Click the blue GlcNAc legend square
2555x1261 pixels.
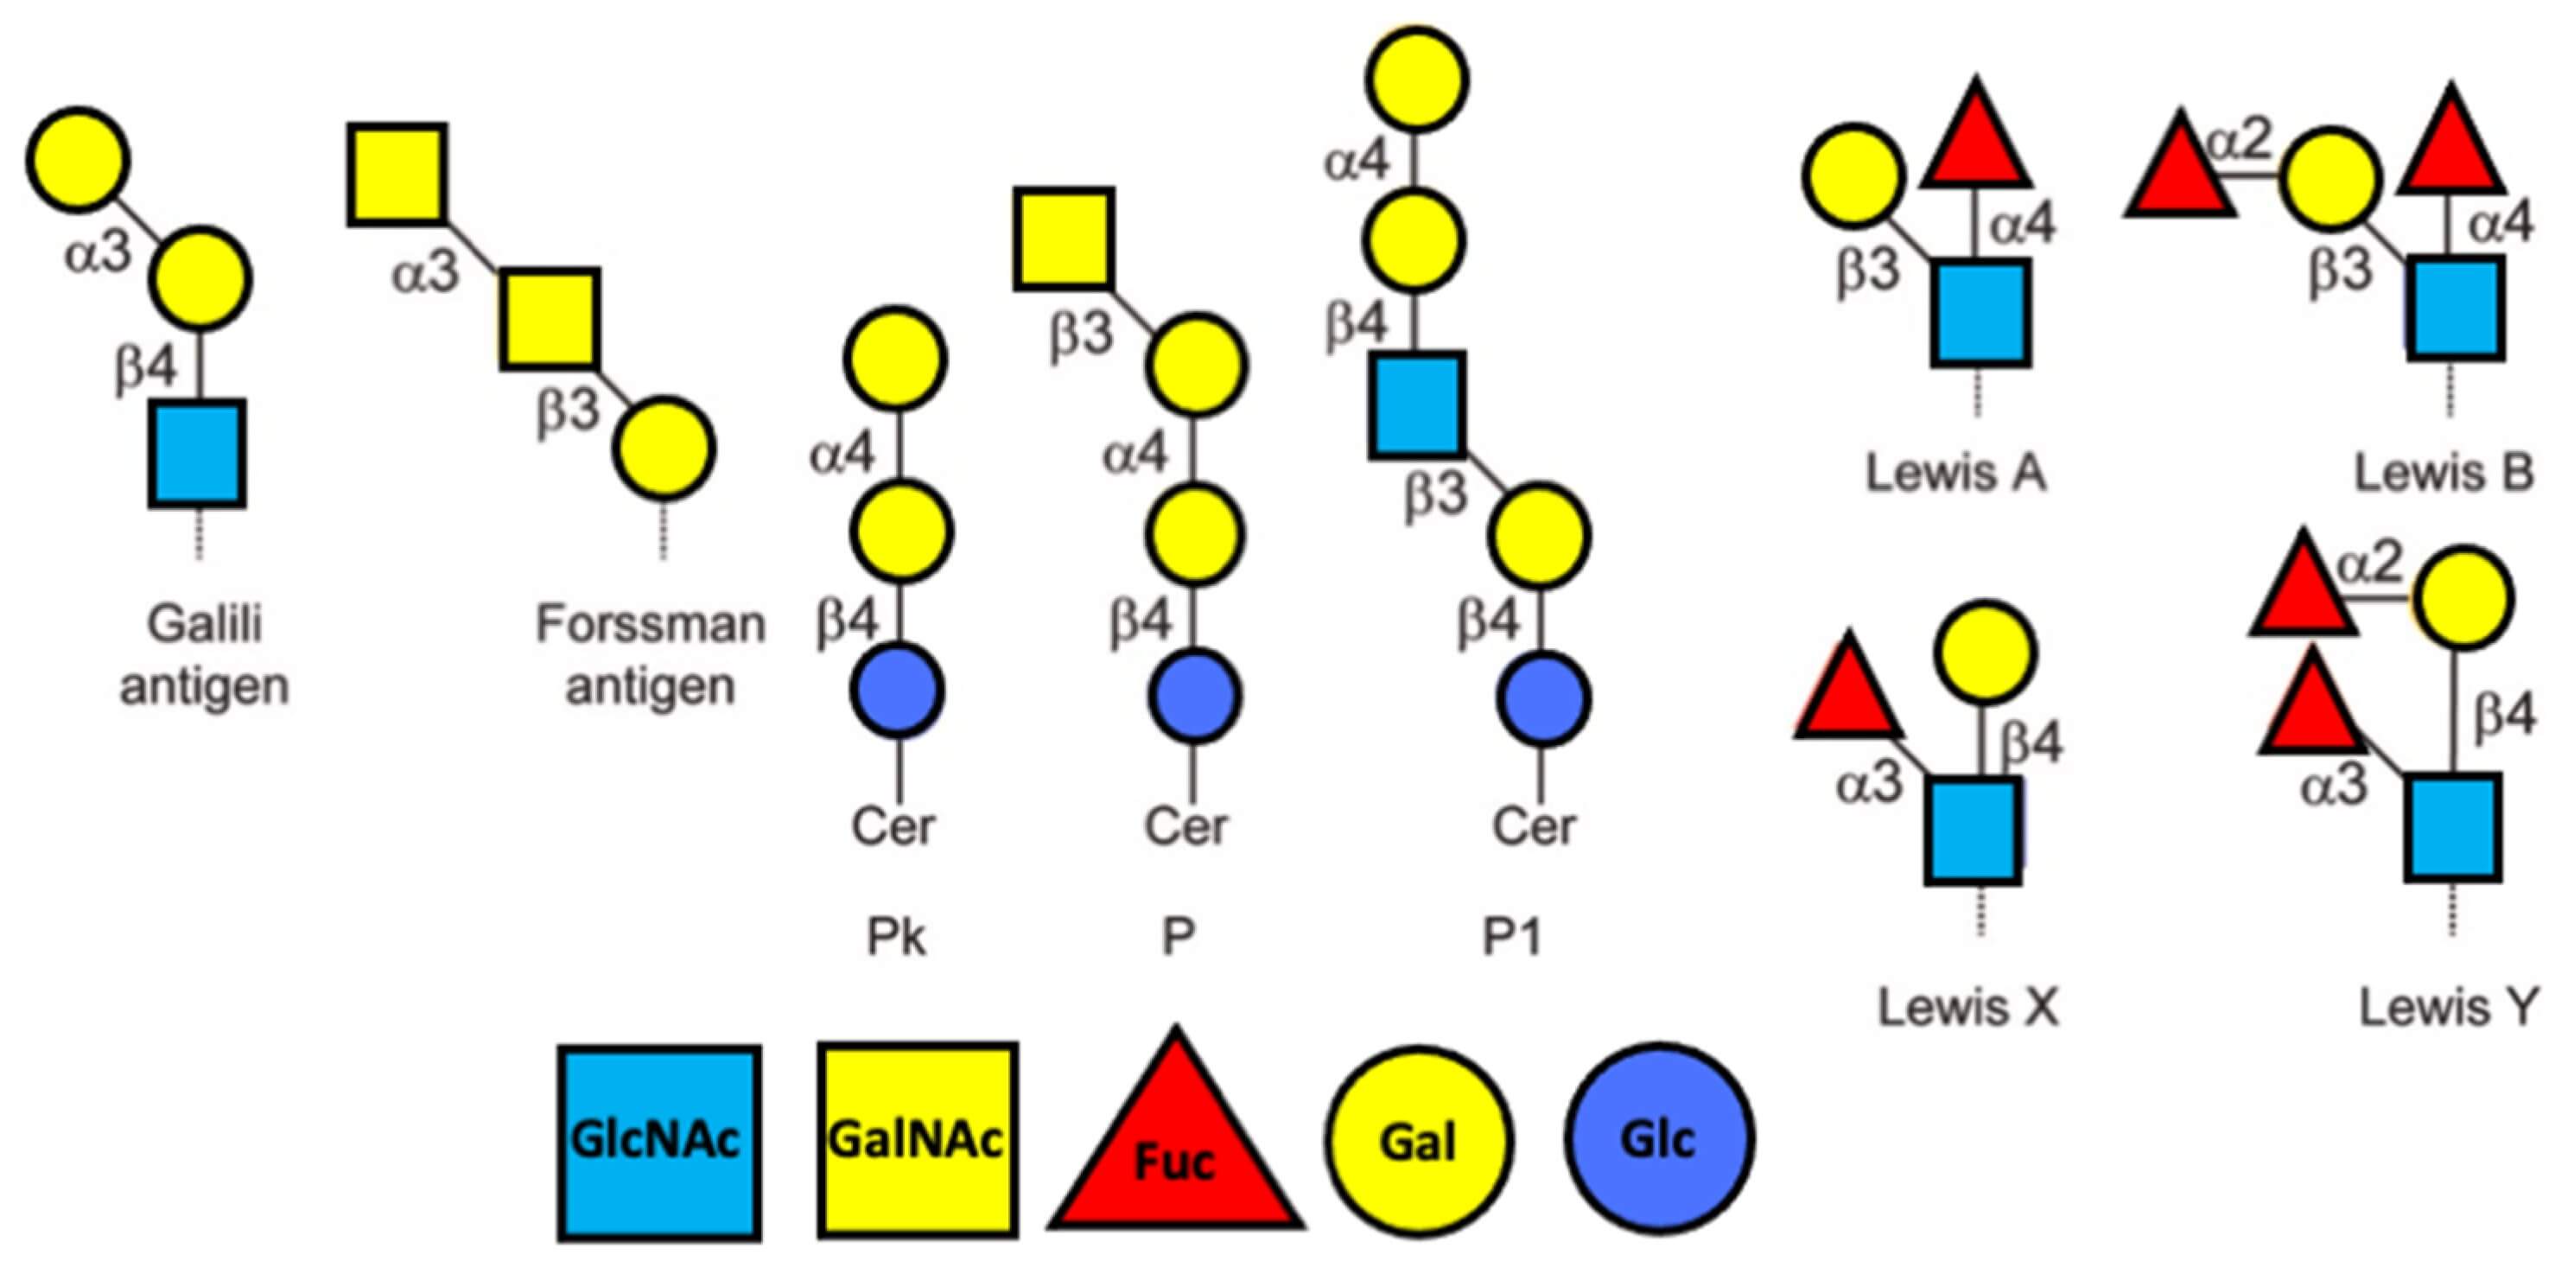pos(658,1142)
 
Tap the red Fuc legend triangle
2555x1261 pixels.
pos(1175,1151)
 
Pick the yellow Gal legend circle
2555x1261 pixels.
pos(1420,1142)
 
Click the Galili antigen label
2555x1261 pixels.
pos(204,656)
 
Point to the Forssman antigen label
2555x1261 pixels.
pos(651,656)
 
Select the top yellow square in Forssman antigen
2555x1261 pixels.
pos(397,175)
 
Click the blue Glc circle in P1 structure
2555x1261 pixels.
pos(1543,698)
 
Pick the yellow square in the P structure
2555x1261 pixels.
pos(1064,238)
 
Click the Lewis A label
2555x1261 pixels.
pos(1956,472)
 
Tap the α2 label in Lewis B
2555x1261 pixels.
pos(2240,142)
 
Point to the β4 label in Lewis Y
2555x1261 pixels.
pos(2503,714)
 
